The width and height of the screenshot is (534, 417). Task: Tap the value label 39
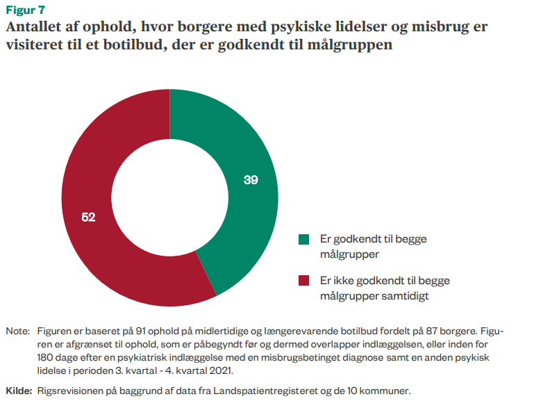[251, 180]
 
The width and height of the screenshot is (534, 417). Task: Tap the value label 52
[88, 217]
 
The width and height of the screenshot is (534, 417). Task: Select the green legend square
[303, 239]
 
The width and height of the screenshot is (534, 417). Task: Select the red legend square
[303, 281]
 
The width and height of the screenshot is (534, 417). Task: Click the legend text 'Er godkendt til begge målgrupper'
[374, 247]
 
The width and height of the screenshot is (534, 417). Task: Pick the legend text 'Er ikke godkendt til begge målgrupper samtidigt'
[385, 288]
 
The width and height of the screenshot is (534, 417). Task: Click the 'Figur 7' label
[26, 10]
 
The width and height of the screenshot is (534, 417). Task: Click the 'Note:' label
[18, 331]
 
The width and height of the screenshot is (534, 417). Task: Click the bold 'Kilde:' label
[19, 391]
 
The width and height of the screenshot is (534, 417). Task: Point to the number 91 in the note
[140, 331]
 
